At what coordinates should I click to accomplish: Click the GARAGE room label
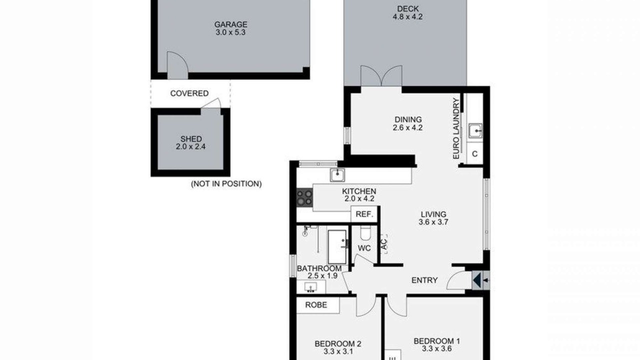pos(231,24)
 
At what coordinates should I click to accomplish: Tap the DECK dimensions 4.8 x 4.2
pos(407,17)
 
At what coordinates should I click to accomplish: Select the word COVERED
pos(189,93)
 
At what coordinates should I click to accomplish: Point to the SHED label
pos(191,139)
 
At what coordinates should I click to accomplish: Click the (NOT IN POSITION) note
pos(226,183)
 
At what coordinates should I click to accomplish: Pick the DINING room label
pos(408,119)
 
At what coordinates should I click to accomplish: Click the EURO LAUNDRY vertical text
pos(456,128)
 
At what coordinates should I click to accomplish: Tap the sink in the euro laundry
pos(475,131)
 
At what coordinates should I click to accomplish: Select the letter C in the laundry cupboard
pos(475,154)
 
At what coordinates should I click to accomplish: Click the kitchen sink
pos(337,175)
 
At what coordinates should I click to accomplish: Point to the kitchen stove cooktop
pos(304,197)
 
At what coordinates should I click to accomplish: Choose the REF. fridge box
pos(364,214)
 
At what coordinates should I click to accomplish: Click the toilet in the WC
pos(365,233)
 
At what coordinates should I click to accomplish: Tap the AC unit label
pos(384,244)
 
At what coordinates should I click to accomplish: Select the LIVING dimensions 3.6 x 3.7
pos(433,222)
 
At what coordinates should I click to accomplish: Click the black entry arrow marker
pos(477,280)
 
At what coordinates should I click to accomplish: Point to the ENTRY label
pos(424,280)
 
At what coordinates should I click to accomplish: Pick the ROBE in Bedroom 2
pos(316,305)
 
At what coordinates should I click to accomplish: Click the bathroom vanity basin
pos(311,287)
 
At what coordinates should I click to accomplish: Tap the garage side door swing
pos(177,65)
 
